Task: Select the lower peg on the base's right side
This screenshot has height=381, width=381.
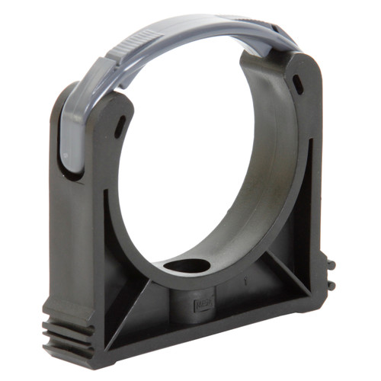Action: [x=331, y=284]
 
